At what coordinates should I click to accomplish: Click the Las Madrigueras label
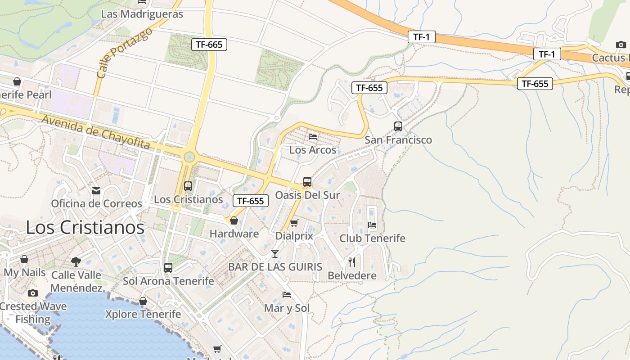[x=142, y=14]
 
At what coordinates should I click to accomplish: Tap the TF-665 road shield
[x=209, y=44]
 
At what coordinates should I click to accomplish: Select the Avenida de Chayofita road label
[x=96, y=131]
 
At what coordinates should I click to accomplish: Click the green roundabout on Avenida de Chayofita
[x=189, y=157]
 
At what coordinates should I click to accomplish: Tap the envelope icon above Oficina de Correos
[x=96, y=191]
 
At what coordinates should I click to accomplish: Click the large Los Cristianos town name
[x=85, y=227]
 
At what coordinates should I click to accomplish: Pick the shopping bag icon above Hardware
[x=234, y=220]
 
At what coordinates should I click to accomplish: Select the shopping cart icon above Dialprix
[x=294, y=223]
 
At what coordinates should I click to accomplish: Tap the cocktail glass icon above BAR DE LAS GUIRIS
[x=275, y=254]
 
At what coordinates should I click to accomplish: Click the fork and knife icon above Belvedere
[x=352, y=262]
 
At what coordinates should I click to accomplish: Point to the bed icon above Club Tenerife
[x=372, y=225]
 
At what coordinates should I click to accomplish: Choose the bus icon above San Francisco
[x=398, y=126]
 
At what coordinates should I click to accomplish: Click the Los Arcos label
[x=313, y=150]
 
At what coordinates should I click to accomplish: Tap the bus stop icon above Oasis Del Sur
[x=307, y=182]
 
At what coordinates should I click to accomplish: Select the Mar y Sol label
[x=287, y=308]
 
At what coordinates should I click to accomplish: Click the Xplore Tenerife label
[x=143, y=314]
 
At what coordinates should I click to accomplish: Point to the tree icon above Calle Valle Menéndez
[x=76, y=261]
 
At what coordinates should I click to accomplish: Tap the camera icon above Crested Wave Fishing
[x=32, y=293]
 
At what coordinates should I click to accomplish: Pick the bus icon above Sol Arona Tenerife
[x=168, y=268]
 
